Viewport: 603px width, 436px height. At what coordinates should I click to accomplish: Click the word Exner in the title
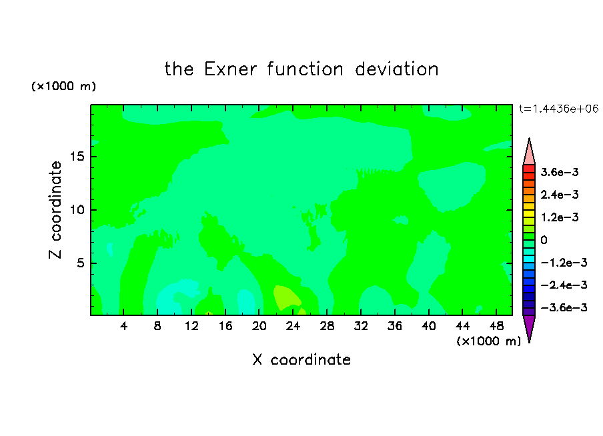click(x=230, y=69)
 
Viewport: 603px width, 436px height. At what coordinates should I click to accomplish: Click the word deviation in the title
click(x=396, y=69)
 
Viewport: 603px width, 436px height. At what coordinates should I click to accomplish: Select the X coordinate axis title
click(x=301, y=359)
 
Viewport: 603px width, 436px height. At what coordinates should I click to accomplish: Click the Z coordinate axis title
click(x=55, y=209)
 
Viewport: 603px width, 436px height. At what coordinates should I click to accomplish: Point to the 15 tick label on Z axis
click(x=77, y=157)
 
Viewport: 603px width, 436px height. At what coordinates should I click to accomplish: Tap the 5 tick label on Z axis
click(x=81, y=263)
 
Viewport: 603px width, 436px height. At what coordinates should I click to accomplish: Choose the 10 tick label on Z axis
click(x=77, y=210)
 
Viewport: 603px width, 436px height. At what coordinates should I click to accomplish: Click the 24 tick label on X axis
click(x=293, y=327)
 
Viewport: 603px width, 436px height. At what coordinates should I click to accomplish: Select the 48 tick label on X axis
click(x=496, y=327)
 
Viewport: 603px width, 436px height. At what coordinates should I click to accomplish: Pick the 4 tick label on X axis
click(x=123, y=327)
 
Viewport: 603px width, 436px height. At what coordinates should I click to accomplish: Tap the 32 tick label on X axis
click(x=361, y=327)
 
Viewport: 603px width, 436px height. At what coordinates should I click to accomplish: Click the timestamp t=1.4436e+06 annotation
click(x=558, y=109)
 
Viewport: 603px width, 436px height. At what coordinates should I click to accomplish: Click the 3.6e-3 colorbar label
click(x=560, y=172)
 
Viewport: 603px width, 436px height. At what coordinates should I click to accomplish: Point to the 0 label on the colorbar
click(x=544, y=240)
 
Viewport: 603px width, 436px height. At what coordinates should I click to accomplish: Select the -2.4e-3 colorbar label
click(x=564, y=285)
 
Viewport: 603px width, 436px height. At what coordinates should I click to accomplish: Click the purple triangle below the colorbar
click(x=529, y=327)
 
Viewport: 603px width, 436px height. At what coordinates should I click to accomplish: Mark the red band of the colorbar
click(x=529, y=169)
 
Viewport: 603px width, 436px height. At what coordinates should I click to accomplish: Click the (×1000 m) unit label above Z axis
click(x=63, y=86)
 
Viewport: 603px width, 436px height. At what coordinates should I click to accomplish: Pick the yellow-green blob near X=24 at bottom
click(x=286, y=297)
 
